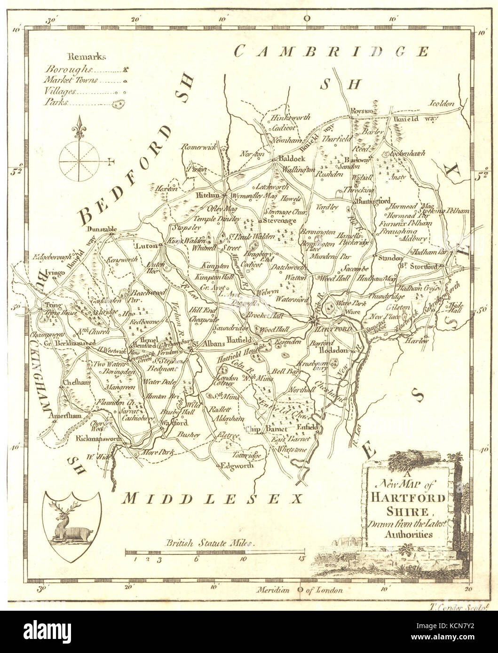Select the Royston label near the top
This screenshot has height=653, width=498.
[362, 111]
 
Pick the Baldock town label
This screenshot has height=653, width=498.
[290, 159]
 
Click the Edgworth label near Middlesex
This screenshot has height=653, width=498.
[237, 466]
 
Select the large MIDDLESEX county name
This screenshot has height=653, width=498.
[210, 498]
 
